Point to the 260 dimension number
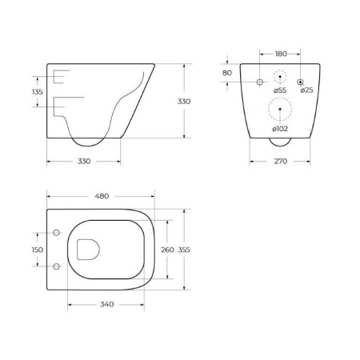(167, 250)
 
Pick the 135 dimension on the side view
(36, 91)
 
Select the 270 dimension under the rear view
(279, 161)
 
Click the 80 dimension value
(226, 73)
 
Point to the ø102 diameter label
(280, 129)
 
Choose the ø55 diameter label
(280, 90)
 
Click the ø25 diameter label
(306, 90)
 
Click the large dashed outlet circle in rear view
(280, 109)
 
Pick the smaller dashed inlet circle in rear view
(280, 78)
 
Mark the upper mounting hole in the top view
(57, 233)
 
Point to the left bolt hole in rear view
(259, 82)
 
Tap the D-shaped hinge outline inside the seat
(86, 250)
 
